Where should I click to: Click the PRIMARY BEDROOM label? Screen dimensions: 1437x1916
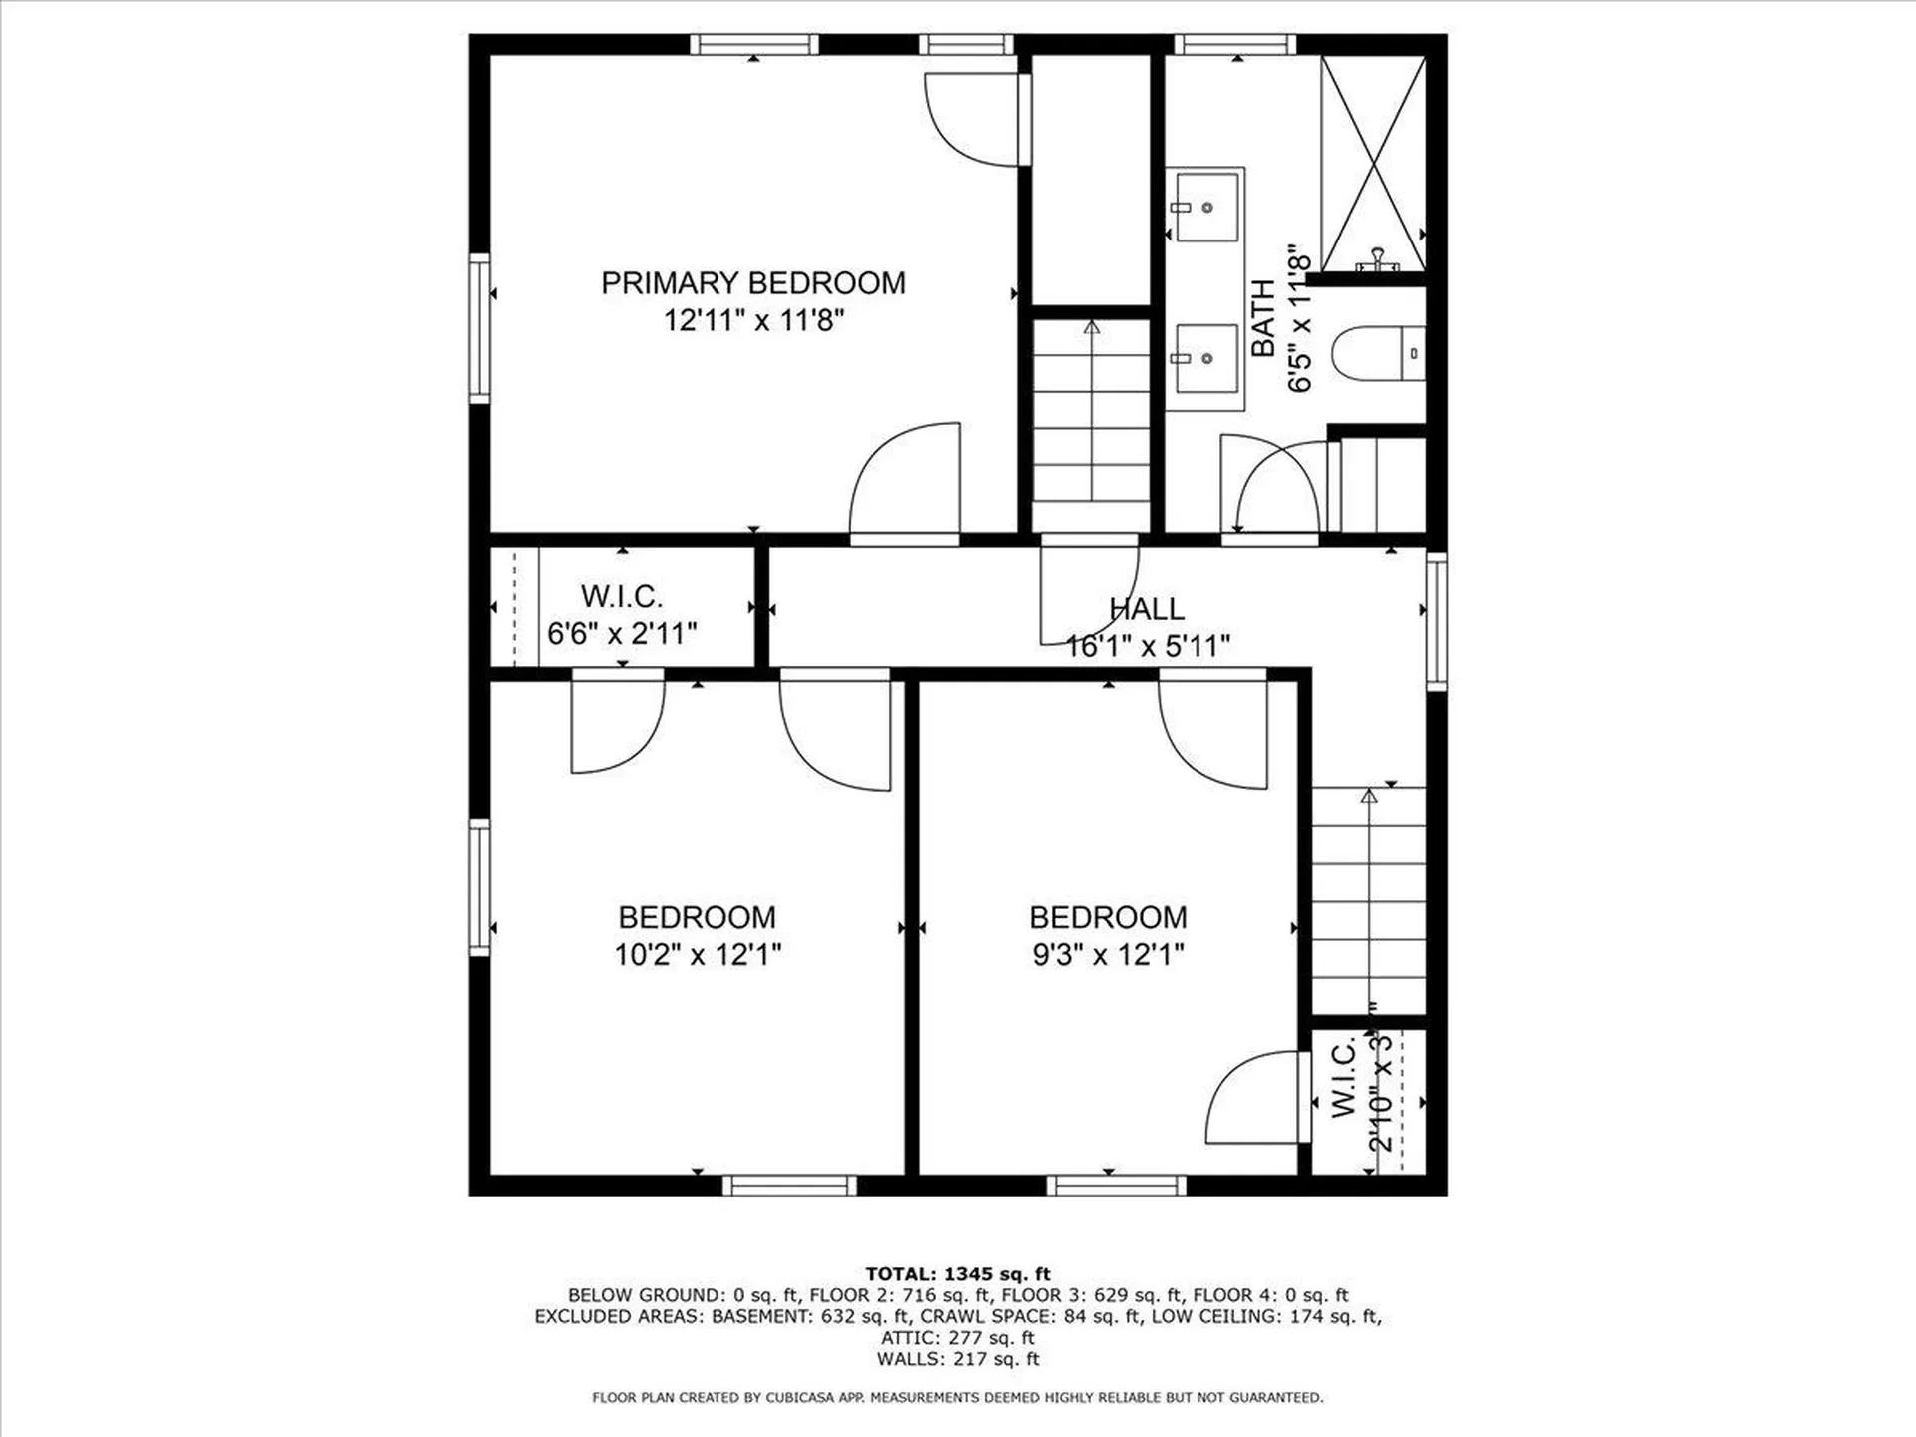point(753,283)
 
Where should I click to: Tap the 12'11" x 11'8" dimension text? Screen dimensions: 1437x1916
point(754,321)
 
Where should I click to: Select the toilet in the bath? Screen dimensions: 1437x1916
point(1377,353)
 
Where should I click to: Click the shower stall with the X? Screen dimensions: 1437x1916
point(1373,163)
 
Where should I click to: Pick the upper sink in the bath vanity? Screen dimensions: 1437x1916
point(1206,207)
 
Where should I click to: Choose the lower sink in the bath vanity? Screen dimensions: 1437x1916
point(1206,358)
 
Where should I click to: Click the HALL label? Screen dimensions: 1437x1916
point(1147,608)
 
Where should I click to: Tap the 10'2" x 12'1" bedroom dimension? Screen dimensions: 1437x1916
point(698,955)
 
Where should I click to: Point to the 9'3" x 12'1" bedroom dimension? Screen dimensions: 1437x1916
point(1108,955)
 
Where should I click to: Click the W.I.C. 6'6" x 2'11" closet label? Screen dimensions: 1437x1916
point(621,615)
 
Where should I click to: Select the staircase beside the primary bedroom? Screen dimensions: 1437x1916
point(1091,424)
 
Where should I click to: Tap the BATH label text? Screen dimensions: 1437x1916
point(1263,318)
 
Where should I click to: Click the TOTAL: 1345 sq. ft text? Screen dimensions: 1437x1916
point(957,1274)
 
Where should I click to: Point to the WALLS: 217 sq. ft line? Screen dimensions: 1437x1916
point(957,1359)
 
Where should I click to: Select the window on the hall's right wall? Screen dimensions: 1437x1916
point(1436,620)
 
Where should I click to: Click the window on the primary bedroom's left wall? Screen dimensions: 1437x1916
point(480,328)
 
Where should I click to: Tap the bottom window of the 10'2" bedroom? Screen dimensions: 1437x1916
point(789,1185)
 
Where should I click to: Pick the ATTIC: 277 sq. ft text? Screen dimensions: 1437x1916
point(957,1338)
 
